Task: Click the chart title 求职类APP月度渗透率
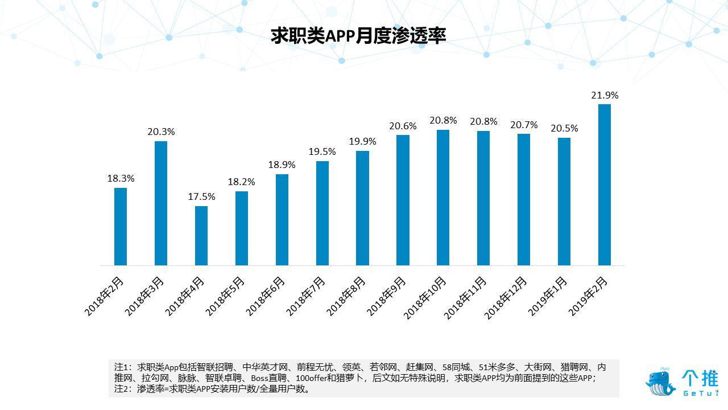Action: point(358,36)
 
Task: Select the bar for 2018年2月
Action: point(121,227)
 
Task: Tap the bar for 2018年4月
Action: point(201,236)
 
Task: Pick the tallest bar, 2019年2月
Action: point(605,185)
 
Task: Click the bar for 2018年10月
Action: point(443,198)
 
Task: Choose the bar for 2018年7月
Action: point(322,214)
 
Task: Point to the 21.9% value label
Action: point(605,95)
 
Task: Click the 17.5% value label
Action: point(202,196)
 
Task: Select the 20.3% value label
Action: point(161,132)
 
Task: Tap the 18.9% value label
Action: point(282,165)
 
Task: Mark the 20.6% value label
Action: point(403,126)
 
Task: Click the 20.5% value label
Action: point(564,128)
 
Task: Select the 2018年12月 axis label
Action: point(506,298)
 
